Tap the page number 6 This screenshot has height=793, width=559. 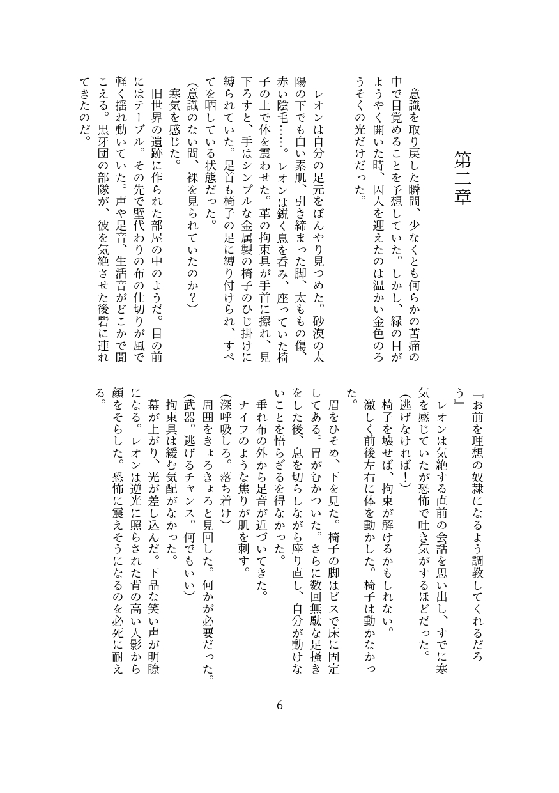(x=280, y=705)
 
